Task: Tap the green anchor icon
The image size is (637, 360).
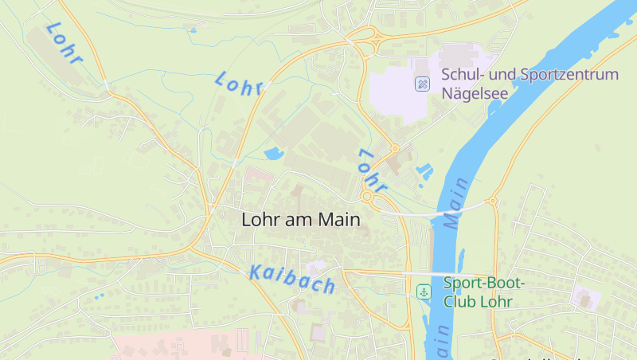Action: tap(424, 292)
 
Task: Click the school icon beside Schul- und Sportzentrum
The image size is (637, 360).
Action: tap(423, 83)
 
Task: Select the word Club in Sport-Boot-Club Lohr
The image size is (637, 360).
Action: tap(459, 302)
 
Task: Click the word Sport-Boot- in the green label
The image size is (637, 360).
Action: tap(479, 283)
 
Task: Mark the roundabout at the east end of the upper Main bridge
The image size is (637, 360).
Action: tap(493, 201)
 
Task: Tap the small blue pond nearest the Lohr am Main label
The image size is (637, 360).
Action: tap(272, 153)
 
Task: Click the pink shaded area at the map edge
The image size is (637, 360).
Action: tap(191, 344)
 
